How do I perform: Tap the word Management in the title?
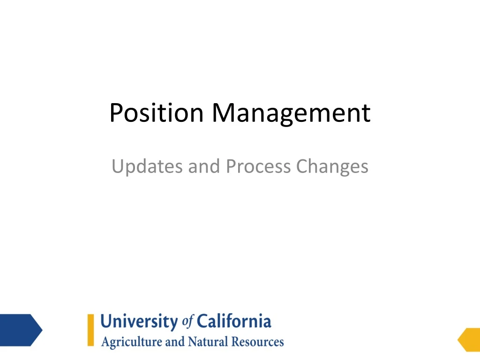coord(291,113)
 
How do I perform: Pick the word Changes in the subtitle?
coord(333,167)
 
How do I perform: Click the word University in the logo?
coord(140,322)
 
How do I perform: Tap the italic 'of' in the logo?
coord(187,322)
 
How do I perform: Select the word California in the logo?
coord(233,322)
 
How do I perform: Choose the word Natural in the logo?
coord(207,342)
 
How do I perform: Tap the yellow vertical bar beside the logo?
coord(90,330)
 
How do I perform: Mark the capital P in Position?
coord(115,113)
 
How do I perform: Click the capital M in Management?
coord(222,113)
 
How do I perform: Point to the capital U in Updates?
coord(117,167)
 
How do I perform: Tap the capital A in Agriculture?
coord(105,342)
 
